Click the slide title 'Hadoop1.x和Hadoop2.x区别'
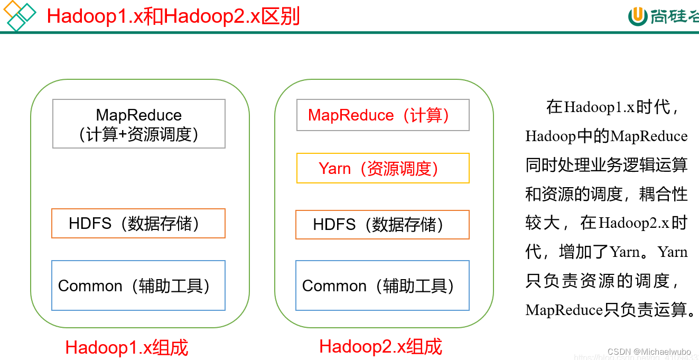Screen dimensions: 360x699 coord(173,16)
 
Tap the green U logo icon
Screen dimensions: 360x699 coord(638,16)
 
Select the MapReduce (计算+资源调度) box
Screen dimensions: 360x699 coord(139,124)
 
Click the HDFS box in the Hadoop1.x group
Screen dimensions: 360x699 coord(138,224)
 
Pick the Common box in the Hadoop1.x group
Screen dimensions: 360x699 coord(138,285)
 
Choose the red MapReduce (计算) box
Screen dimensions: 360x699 coord(383,115)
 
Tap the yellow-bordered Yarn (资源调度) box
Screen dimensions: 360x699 coord(383,169)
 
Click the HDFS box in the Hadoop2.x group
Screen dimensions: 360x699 coord(382,225)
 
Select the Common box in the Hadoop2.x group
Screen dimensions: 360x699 coord(382,285)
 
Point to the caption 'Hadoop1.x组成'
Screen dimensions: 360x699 coord(127,347)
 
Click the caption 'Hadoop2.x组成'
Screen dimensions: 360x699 coord(380,346)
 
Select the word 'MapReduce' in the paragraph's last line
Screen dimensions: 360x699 coord(564,310)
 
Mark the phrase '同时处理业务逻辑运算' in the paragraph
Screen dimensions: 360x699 coord(607,165)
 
